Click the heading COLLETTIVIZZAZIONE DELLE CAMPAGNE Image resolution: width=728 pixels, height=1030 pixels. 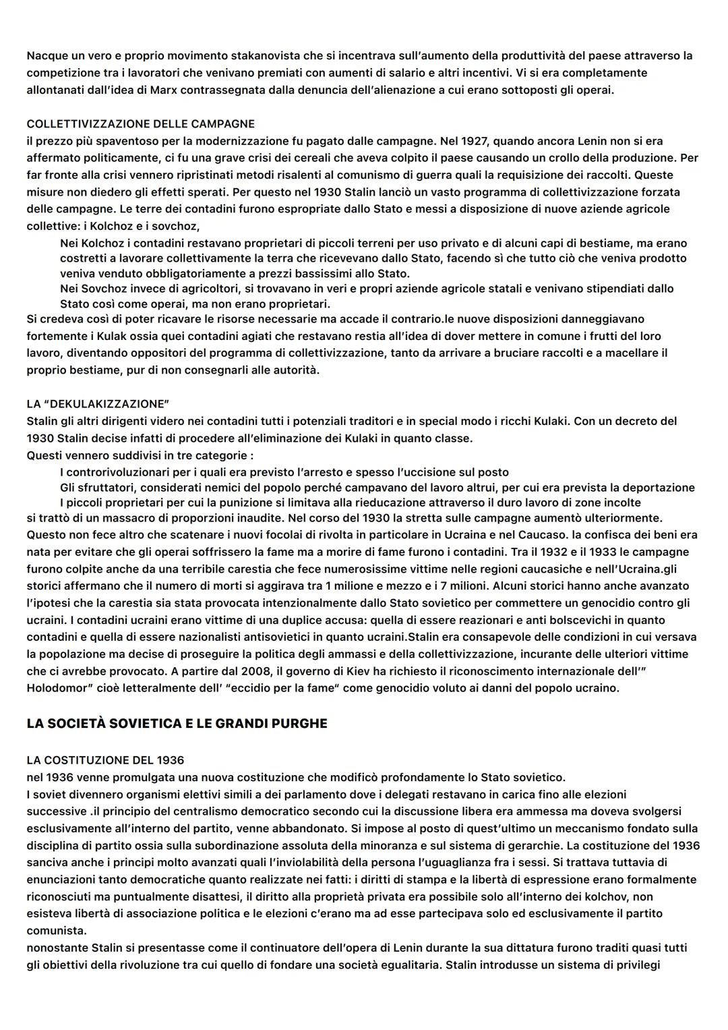click(141, 124)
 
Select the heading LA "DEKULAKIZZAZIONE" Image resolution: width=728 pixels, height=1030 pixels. click(98, 404)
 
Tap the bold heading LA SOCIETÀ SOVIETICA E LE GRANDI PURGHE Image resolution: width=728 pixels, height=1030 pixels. click(177, 723)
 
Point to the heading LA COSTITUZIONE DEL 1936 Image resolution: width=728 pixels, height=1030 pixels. click(105, 760)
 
